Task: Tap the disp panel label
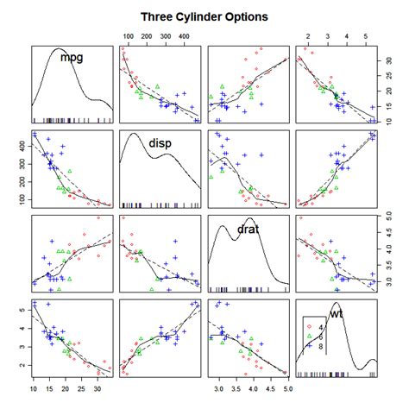tap(161, 144)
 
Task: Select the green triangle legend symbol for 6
tap(307, 337)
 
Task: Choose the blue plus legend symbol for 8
tap(307, 346)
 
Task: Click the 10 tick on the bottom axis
tap(33, 393)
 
